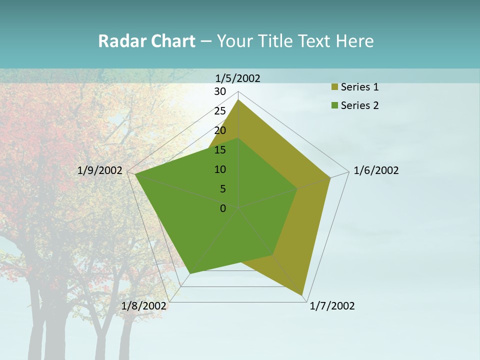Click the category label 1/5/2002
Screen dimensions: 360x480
(238, 78)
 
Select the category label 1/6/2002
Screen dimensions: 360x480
(376, 170)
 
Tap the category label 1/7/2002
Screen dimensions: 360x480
(332, 306)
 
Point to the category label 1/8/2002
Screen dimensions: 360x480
(144, 306)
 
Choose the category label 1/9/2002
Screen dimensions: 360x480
(100, 170)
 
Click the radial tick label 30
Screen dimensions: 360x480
(220, 91)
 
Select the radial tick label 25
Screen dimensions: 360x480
(220, 111)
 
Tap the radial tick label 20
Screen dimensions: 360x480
(220, 130)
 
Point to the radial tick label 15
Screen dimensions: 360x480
(220, 150)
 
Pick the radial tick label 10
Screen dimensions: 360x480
(220, 169)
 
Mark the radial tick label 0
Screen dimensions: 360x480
(223, 208)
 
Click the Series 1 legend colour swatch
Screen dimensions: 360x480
(334, 87)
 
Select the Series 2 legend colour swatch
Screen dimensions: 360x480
(334, 105)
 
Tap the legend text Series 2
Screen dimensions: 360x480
(359, 105)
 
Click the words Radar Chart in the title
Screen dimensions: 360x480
(146, 41)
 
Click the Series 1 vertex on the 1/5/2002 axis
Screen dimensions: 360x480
(238, 100)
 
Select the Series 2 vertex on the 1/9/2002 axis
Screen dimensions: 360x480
(135, 174)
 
